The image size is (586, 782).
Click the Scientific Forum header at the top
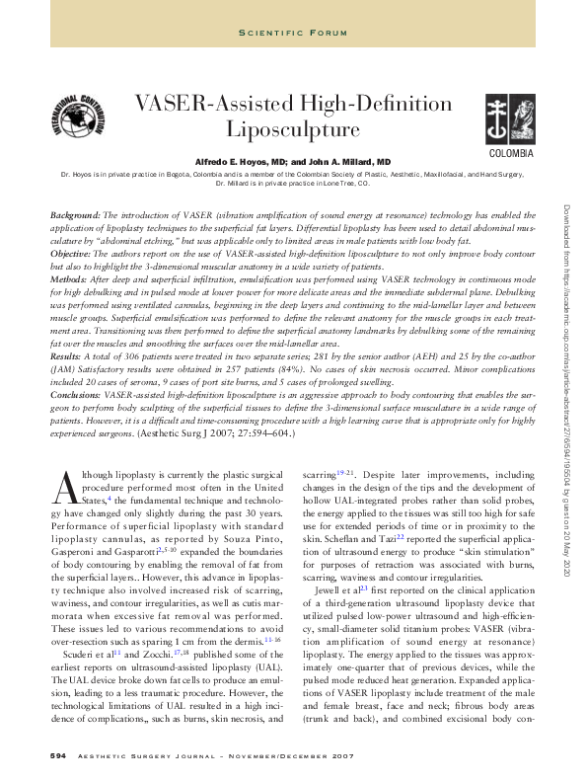tap(292, 34)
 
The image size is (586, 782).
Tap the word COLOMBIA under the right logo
tap(511, 155)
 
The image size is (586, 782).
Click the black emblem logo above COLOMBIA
tap(510, 120)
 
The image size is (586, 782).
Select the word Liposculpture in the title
tap(293, 128)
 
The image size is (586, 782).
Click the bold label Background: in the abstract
tap(75, 214)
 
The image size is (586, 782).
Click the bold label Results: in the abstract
tap(66, 352)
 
